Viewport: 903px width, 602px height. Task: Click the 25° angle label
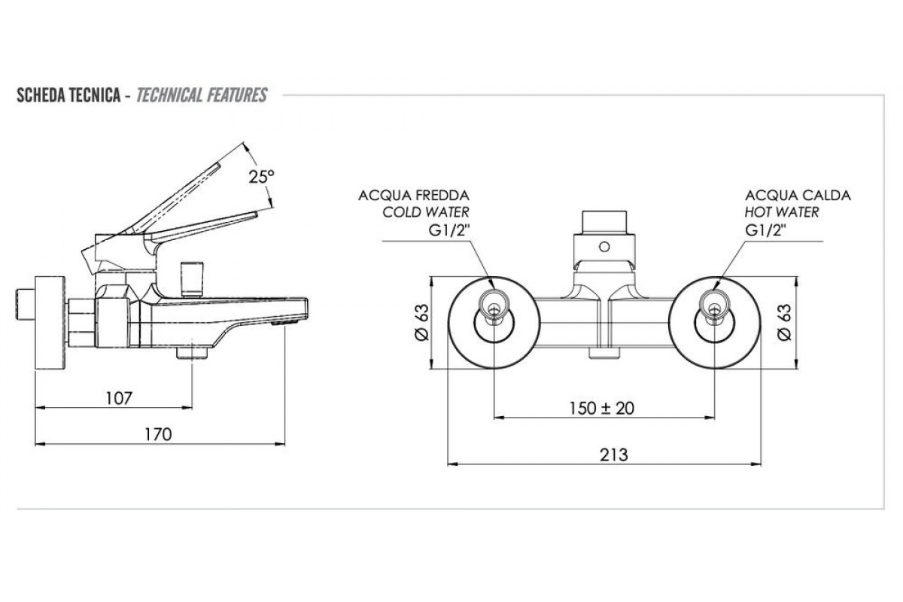point(261,177)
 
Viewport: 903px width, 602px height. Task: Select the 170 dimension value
point(159,434)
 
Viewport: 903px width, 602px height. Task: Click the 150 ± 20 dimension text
point(602,408)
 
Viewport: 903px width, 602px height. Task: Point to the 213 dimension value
point(614,455)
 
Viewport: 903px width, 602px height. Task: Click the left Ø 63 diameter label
point(423,323)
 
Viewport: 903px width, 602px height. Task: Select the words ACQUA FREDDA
point(414,196)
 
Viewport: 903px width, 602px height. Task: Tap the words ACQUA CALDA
point(798,196)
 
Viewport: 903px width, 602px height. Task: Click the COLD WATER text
point(426,213)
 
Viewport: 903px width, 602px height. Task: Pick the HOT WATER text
point(782,213)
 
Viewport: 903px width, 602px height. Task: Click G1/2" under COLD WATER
point(448,230)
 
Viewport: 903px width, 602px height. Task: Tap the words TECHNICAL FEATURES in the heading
point(202,96)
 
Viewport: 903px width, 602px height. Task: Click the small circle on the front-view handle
point(604,246)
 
